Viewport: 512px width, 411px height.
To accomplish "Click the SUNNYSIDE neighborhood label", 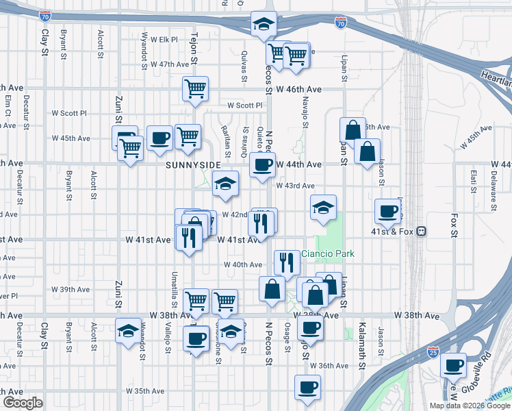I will point(193,166).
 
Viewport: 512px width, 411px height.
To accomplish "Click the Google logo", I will point(23,402).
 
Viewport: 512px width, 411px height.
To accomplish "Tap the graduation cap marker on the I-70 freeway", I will point(263,24).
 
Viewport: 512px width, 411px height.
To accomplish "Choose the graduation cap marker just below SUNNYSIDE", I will point(225,183).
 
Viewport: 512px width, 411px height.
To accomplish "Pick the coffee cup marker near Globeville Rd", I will point(452,365).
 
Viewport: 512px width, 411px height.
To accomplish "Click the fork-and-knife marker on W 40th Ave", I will point(287,261).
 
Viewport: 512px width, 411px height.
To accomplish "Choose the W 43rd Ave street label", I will point(295,186).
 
